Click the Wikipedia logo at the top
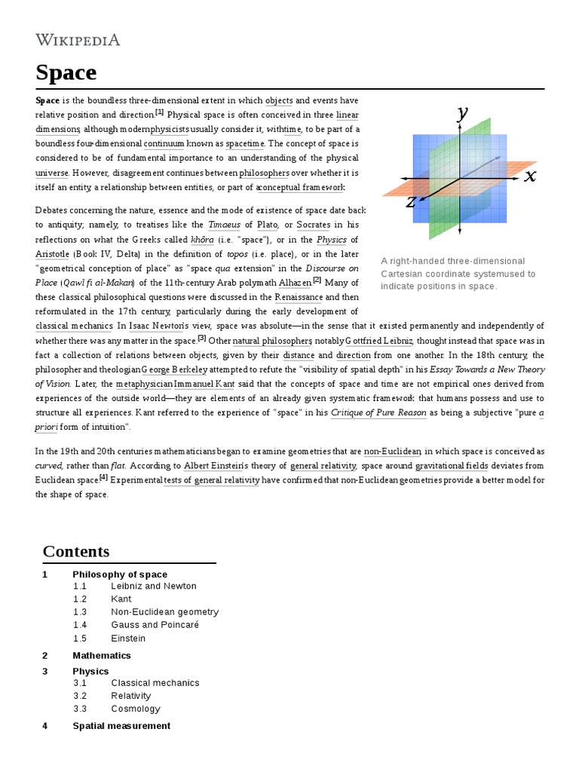78,40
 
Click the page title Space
66,72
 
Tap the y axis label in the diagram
462,113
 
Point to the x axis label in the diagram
530,176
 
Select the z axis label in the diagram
411,201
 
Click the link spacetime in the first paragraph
246,143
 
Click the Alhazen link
295,282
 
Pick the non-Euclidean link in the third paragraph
392,452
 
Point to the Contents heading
76,551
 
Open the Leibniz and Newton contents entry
153,586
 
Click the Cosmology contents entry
136,709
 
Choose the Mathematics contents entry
102,655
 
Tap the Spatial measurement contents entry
121,725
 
